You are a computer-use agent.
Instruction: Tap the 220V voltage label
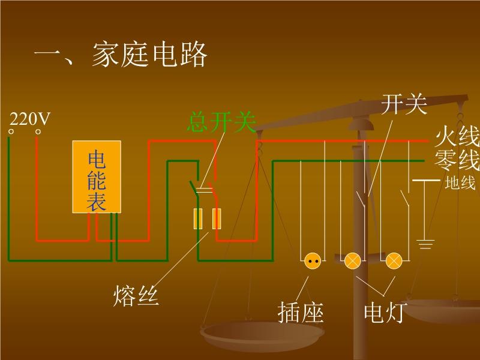29,119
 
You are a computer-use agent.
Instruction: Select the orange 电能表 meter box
97,177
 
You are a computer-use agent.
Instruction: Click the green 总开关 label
221,122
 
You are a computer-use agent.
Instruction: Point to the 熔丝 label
136,295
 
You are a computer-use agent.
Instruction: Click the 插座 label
301,313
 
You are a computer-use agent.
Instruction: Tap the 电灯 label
384,313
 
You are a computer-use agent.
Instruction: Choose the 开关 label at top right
404,105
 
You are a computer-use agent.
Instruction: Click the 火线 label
457,138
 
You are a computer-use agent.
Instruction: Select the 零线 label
457,161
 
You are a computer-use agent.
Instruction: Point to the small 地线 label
460,184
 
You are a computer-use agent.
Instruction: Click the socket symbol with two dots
313,260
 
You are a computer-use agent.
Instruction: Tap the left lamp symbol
352,260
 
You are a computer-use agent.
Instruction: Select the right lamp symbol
393,260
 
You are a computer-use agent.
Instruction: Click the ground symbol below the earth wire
425,243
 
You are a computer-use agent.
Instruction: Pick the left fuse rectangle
197,219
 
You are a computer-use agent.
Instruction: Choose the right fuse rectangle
217,219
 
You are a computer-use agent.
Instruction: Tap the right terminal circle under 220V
38,131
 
